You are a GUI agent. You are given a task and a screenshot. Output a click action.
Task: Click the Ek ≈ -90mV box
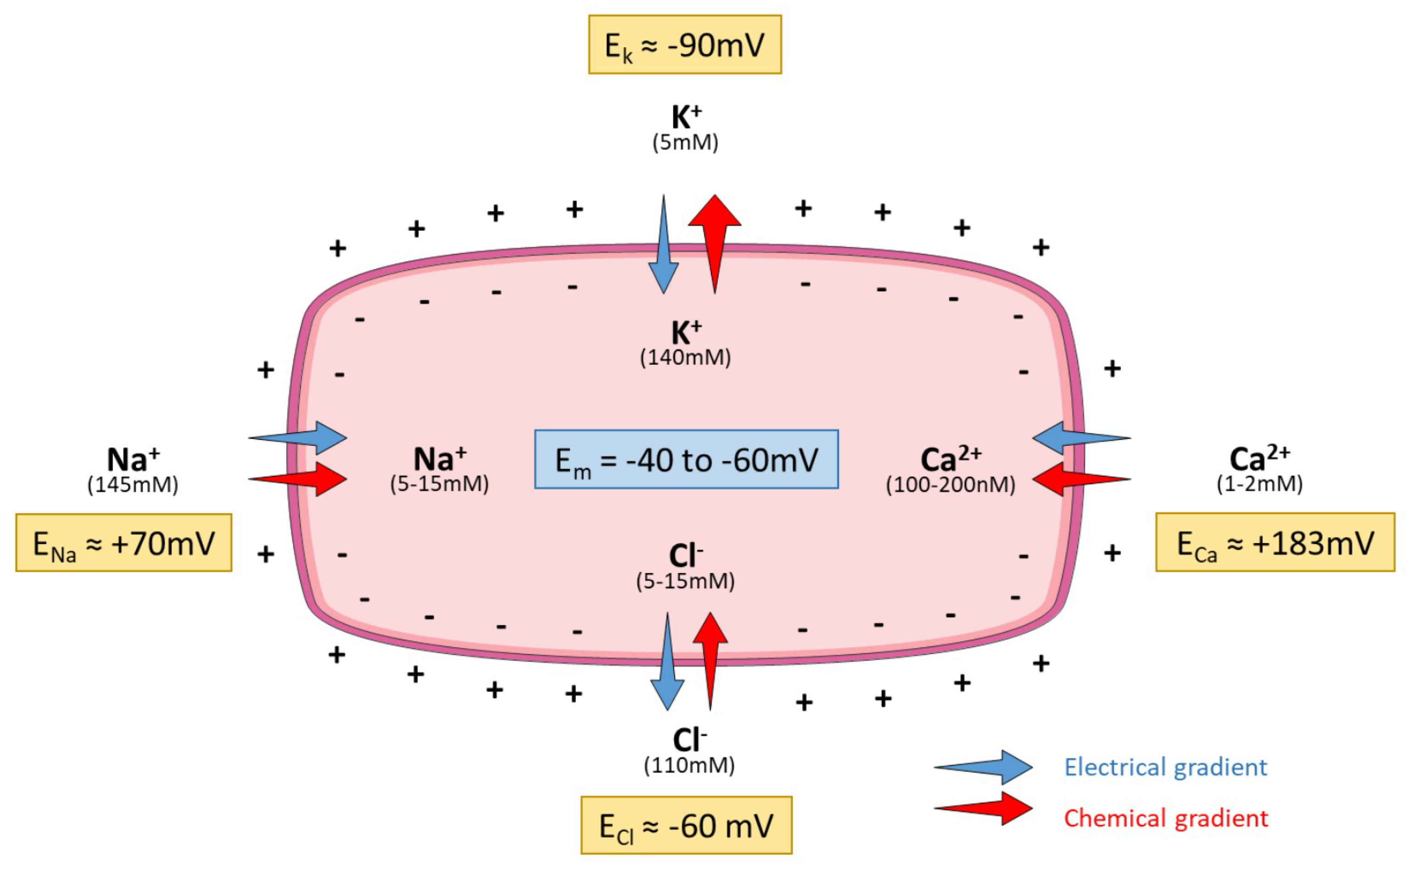(x=685, y=45)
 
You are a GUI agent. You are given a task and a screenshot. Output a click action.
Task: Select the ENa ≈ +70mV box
(x=124, y=543)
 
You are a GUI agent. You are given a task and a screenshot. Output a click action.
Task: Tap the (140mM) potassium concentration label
(x=685, y=358)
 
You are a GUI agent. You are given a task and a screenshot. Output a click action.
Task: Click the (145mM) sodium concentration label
(x=133, y=484)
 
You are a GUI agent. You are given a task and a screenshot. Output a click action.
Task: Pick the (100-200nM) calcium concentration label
(x=950, y=484)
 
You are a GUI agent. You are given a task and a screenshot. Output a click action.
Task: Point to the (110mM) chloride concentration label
(x=689, y=765)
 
